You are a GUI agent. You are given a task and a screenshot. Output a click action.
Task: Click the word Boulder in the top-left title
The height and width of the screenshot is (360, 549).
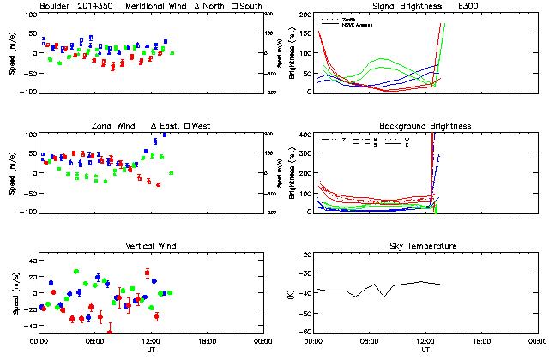[x=55, y=7]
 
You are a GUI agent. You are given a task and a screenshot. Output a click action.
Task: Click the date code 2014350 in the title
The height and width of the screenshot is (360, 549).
[x=95, y=7]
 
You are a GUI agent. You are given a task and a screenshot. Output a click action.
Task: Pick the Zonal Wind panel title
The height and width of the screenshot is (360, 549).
[x=114, y=126]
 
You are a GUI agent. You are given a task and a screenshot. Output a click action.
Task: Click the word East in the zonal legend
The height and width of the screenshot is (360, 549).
[x=167, y=126]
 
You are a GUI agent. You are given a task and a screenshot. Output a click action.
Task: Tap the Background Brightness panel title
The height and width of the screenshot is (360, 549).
[x=425, y=126]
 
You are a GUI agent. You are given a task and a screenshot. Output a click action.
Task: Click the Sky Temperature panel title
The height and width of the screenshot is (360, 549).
[x=425, y=246]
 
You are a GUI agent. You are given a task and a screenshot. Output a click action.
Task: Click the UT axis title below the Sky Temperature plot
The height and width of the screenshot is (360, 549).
[x=425, y=351]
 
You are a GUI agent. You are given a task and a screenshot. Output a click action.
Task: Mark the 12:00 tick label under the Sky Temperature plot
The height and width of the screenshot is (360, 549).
[x=425, y=342]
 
